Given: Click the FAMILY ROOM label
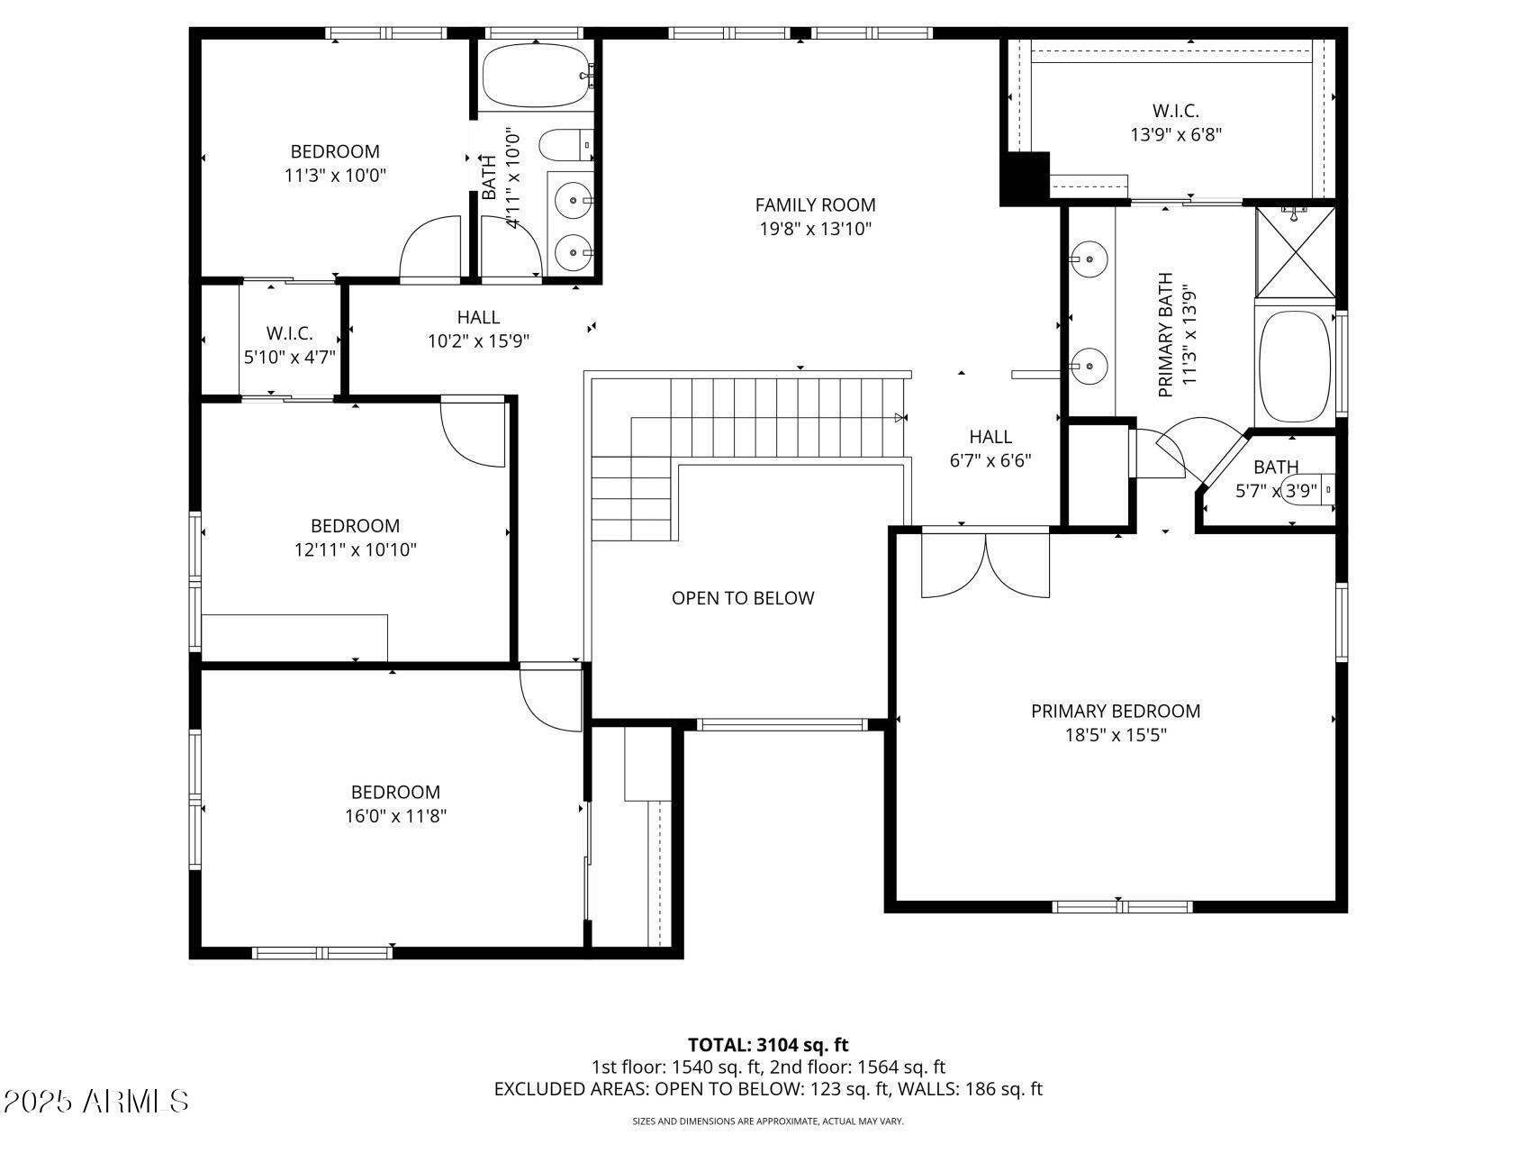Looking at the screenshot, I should pyautogui.click(x=815, y=205).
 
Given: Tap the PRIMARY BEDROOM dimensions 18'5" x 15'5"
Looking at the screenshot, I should pyautogui.click(x=1116, y=735).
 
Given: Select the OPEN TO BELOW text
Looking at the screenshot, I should pyautogui.click(x=743, y=598).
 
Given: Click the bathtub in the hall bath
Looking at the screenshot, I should pyautogui.click(x=535, y=77).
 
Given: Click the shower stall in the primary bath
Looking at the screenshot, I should pyautogui.click(x=1296, y=253).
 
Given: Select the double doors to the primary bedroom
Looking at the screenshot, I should pyautogui.click(x=986, y=566).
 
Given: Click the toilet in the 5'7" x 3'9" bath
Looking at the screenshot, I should pyautogui.click(x=1306, y=492).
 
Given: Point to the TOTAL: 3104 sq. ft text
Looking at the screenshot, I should pyautogui.click(x=768, y=1045).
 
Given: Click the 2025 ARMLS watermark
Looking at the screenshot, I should pyautogui.click(x=95, y=1101).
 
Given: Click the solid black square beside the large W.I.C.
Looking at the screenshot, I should pyautogui.click(x=1025, y=178).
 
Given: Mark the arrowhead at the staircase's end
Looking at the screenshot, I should pyautogui.click(x=900, y=417).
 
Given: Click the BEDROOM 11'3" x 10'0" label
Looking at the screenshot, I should pyautogui.click(x=335, y=163).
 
